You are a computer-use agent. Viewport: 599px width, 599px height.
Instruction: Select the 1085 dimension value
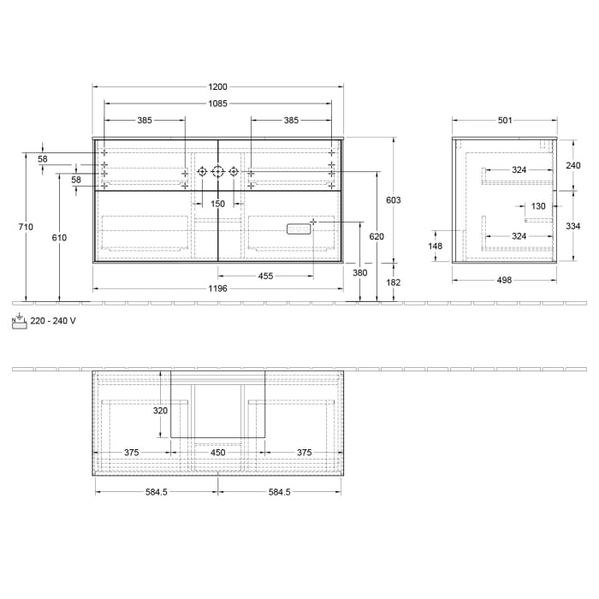click(218, 104)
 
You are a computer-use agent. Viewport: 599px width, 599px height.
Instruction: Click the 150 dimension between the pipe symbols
click(218, 204)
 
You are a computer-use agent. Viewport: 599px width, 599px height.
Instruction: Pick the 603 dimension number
click(394, 199)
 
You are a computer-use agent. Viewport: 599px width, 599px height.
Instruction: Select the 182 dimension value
click(394, 282)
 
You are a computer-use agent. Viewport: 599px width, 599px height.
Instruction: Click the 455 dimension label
click(265, 276)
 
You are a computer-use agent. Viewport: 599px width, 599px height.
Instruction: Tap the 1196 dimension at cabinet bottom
click(218, 288)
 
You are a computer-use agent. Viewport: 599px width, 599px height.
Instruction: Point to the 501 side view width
click(504, 121)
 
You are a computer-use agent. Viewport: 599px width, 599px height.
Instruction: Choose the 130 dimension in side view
click(538, 206)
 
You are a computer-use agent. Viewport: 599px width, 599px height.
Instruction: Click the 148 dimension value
click(436, 246)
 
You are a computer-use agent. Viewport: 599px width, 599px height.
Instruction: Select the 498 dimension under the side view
click(504, 280)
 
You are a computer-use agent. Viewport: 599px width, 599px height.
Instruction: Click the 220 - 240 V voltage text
click(53, 321)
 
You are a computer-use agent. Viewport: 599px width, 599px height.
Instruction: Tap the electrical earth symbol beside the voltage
click(19, 321)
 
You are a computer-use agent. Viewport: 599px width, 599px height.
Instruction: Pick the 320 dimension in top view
click(160, 411)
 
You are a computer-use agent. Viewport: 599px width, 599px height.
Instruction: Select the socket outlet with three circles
click(297, 228)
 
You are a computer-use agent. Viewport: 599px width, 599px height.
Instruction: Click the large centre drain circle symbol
click(218, 172)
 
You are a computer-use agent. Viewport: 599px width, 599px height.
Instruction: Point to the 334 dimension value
click(573, 226)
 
